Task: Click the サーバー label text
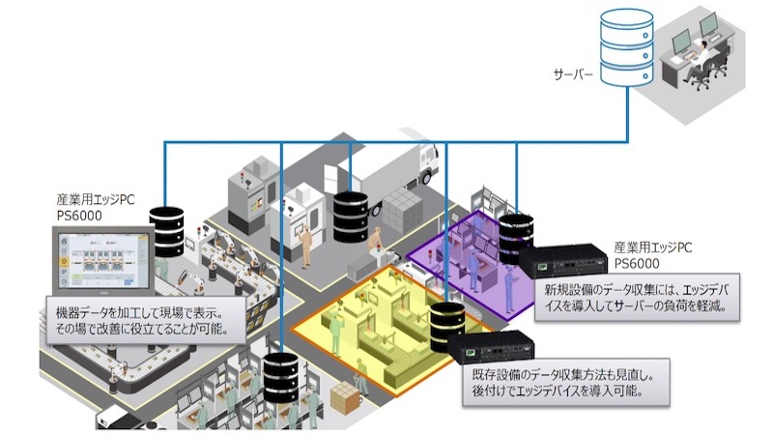point(573,75)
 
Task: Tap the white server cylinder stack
point(627,47)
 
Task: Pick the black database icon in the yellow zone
point(447,327)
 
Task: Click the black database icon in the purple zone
point(516,239)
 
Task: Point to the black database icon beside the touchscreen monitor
point(166,232)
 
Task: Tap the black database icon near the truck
point(351,217)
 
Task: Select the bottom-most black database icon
point(280,377)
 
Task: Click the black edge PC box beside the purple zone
point(563,261)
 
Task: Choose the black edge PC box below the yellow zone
point(492,348)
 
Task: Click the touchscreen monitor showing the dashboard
point(103,261)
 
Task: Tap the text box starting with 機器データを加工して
point(146,320)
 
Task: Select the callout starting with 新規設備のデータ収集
point(637,298)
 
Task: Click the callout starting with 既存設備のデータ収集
point(566,382)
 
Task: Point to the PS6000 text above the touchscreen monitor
point(79,216)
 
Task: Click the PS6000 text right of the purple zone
point(637,263)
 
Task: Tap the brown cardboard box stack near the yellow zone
point(345,398)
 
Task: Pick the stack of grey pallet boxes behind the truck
point(403,208)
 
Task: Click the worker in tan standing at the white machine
point(306,246)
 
